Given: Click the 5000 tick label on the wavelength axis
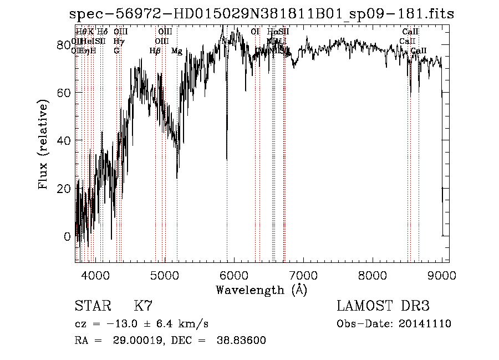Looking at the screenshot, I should pyautogui.click(x=165, y=274).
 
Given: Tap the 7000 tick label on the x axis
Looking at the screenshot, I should pyautogui.click(x=303, y=274).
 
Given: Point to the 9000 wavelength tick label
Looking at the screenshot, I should pyautogui.click(x=442, y=274).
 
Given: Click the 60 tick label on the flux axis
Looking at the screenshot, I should pyautogui.click(x=65, y=92).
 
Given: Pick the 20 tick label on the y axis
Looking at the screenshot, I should pyautogui.click(x=65, y=189).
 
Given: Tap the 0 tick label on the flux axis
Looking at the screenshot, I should pyautogui.click(x=68, y=237).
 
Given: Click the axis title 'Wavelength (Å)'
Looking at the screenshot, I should pyautogui.click(x=261, y=290).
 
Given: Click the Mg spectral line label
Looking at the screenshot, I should pyautogui.click(x=177, y=51).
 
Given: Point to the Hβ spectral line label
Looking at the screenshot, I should pyautogui.click(x=155, y=51).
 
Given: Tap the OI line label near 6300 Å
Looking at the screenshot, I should pyautogui.click(x=255, y=32).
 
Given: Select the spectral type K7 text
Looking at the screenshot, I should pyautogui.click(x=143, y=306).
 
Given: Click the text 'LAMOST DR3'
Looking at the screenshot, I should pyautogui.click(x=383, y=306).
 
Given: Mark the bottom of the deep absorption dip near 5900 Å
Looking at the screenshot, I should pyautogui.click(x=227, y=160).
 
